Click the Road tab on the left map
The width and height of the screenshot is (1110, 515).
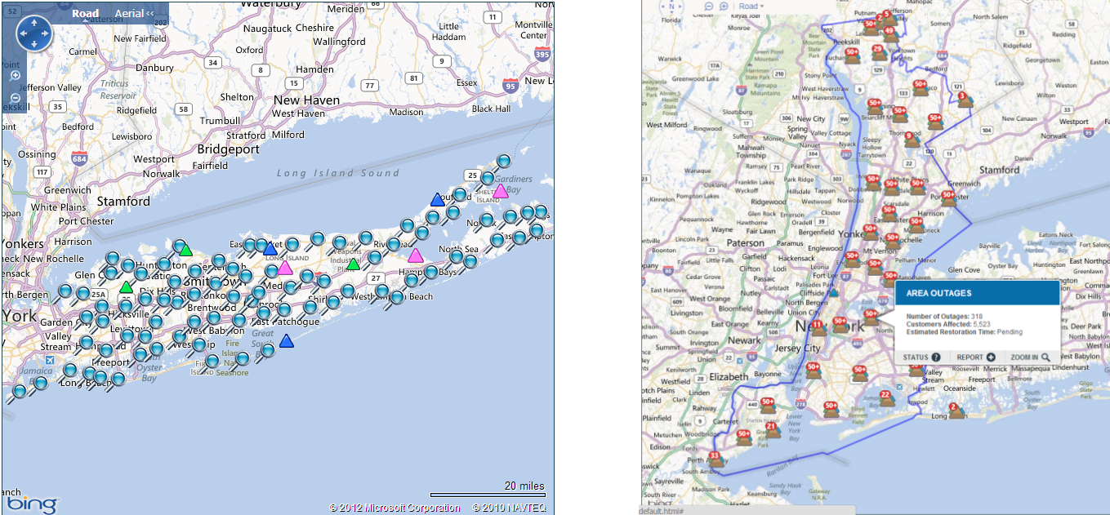tap(85, 13)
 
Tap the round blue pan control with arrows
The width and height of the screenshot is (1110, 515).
tap(34, 33)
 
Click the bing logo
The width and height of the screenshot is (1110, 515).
tap(33, 504)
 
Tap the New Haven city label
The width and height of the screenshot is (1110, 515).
tap(306, 100)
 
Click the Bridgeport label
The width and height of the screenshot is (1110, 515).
tap(228, 149)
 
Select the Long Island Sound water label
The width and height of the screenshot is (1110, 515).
tap(338, 173)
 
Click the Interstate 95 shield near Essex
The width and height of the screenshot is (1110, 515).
tap(510, 85)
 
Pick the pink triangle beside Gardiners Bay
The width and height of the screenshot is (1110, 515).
tap(500, 192)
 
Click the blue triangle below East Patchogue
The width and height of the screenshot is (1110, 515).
tap(286, 341)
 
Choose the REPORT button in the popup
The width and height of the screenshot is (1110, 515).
tap(976, 357)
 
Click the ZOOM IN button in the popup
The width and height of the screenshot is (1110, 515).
tap(1029, 357)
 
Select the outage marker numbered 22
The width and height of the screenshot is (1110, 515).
tap(885, 398)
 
